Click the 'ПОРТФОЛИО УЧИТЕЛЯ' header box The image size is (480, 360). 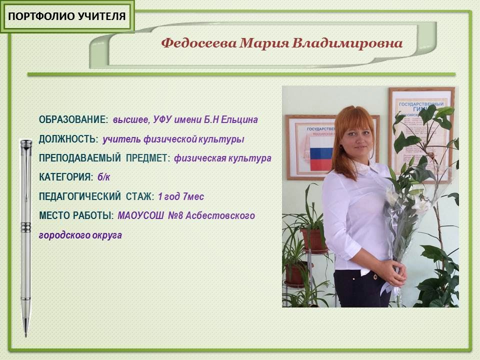67,16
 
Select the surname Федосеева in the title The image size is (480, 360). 198,43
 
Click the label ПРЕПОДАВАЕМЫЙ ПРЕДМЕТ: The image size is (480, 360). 104,158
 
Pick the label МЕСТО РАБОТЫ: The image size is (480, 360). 76,216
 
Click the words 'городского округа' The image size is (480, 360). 80,235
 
